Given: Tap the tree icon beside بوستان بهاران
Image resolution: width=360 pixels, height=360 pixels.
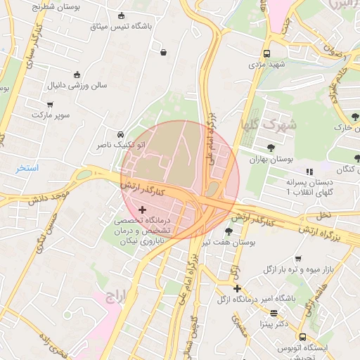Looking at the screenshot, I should pyautogui.click(x=271, y=147).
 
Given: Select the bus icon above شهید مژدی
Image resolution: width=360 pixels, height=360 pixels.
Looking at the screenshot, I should pyautogui.click(x=266, y=53).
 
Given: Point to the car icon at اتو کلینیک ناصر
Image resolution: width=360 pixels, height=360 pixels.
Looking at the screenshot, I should pyautogui.click(x=120, y=134).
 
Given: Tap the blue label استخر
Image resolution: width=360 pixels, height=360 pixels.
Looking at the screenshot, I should pyautogui.click(x=28, y=169).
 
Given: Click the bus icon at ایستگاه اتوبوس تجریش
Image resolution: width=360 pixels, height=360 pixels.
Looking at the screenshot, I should pyautogui.click(x=302, y=337).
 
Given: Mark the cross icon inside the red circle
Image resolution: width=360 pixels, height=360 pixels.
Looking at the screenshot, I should pyautogui.click(x=143, y=210).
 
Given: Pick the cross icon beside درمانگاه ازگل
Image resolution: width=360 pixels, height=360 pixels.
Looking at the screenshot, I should pyautogui.click(x=237, y=288).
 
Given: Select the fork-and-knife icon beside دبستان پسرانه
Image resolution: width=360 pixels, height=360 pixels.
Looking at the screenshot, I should pyautogui.click(x=308, y=172).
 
